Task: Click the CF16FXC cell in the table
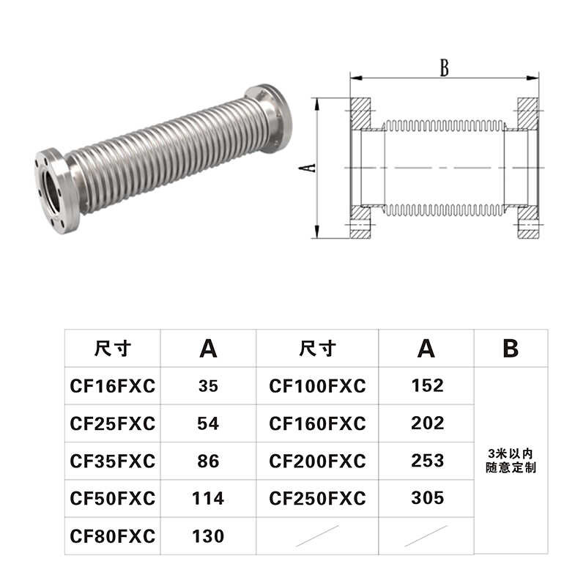[113, 386]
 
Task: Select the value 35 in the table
[208, 386]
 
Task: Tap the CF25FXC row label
[113, 423]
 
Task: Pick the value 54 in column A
[208, 423]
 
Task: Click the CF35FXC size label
[113, 461]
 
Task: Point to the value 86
[208, 461]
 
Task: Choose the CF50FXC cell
[113, 499]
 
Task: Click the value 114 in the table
[208, 499]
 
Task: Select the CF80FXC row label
[113, 536]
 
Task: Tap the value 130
[208, 536]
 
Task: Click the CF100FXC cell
[317, 386]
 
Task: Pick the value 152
[427, 385]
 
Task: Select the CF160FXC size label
[317, 423]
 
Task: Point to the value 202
[427, 423]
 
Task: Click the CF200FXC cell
[317, 461]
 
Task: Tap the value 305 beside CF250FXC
[427, 498]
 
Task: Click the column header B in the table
[511, 349]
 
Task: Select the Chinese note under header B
[511, 461]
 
